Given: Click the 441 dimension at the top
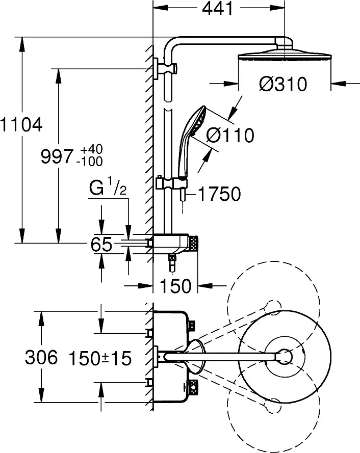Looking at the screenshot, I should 218,9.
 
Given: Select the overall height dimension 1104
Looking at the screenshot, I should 21,124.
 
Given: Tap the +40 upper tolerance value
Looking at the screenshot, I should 92,149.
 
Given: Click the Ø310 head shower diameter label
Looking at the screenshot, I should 283,84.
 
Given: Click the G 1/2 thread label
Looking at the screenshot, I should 107,190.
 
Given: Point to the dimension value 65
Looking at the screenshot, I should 101,245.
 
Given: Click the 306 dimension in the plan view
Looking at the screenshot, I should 41,358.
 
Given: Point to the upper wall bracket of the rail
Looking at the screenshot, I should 167,68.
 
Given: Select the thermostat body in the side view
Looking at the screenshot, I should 171,244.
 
